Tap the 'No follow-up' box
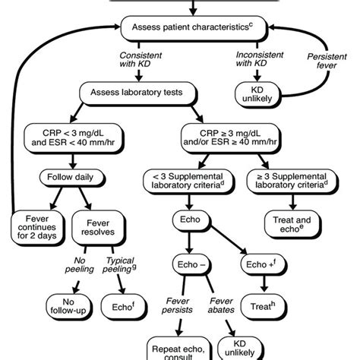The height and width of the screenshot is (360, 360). [x=72, y=303]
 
